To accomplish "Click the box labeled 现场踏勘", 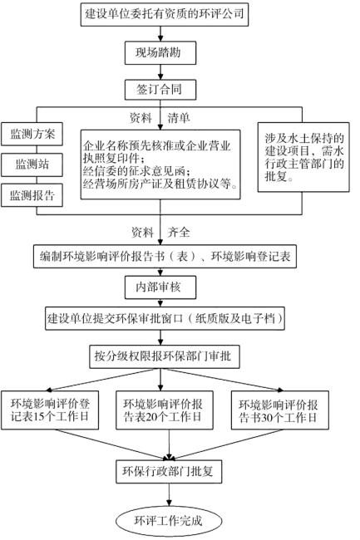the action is tap(160, 52).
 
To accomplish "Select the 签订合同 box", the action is tap(160, 90).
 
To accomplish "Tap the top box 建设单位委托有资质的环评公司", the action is tap(165, 14).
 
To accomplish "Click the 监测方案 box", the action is tap(32, 134).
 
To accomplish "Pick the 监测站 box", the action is tap(32, 164).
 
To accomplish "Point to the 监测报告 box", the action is tap(32, 195).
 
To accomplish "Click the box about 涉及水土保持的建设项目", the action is tap(303, 157).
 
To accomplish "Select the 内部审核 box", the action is tap(160, 287).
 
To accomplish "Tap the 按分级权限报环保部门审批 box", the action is tap(165, 356).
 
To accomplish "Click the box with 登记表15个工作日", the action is tap(50, 410).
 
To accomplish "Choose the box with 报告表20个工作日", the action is tap(165, 410).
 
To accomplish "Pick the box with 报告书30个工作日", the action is tap(279, 410).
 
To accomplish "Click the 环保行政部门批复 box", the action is tap(169, 472).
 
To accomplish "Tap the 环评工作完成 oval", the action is tap(168, 521).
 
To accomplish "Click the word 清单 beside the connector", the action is tap(179, 118).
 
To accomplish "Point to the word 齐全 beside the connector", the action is tap(179, 232).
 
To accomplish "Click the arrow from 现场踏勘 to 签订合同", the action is tap(160, 72).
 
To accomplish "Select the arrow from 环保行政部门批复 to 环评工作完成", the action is tap(169, 494).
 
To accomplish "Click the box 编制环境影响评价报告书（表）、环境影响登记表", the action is tap(165, 257).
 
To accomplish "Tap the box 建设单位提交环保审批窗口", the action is tap(165, 318).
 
